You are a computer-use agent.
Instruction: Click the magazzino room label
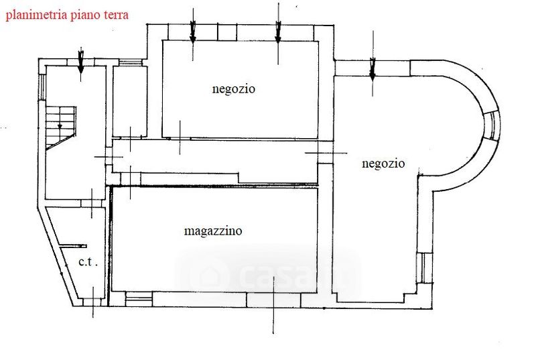point(213,231)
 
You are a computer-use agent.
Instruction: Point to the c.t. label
point(88,262)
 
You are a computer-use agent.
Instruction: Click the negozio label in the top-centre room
point(234,88)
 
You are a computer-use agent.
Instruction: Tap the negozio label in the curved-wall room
point(383,163)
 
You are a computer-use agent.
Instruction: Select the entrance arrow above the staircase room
point(80,62)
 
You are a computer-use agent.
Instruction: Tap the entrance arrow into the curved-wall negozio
point(373,67)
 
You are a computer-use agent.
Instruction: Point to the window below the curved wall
point(422,269)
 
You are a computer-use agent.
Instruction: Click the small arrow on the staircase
point(60,125)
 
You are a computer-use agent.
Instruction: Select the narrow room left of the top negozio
point(127,101)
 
